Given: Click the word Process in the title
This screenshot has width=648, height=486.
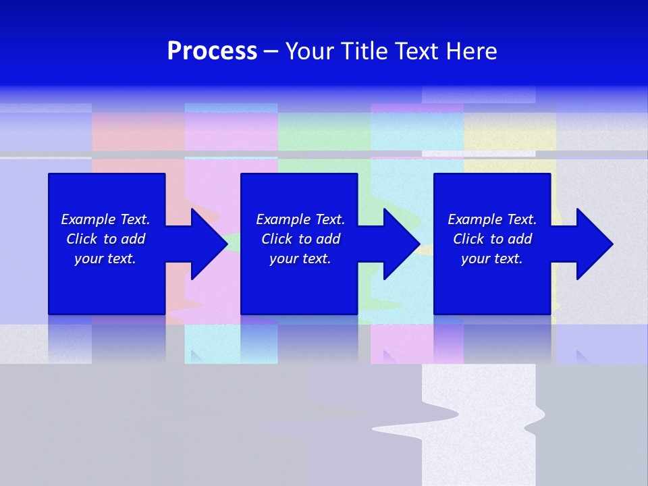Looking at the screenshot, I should pyautogui.click(x=212, y=51).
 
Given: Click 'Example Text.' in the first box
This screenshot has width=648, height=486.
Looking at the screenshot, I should pyautogui.click(x=105, y=219).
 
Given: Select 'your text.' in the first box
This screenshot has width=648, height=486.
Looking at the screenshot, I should pyautogui.click(x=105, y=259).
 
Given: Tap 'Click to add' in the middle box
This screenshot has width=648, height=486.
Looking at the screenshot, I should pyautogui.click(x=300, y=239).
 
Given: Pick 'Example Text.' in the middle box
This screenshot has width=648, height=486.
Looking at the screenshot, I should pyautogui.click(x=300, y=219).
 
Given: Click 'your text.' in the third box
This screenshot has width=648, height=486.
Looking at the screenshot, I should pyautogui.click(x=492, y=259).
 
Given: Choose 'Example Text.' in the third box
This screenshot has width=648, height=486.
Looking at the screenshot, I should pyautogui.click(x=492, y=219).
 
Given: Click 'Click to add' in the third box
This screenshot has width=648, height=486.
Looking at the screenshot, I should pyautogui.click(x=492, y=239).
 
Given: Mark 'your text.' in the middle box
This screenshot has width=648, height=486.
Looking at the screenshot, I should pyautogui.click(x=300, y=259).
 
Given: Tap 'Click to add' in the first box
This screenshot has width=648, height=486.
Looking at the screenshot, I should pyautogui.click(x=105, y=239).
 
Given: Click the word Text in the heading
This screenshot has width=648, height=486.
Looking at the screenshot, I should pyautogui.click(x=416, y=51).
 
